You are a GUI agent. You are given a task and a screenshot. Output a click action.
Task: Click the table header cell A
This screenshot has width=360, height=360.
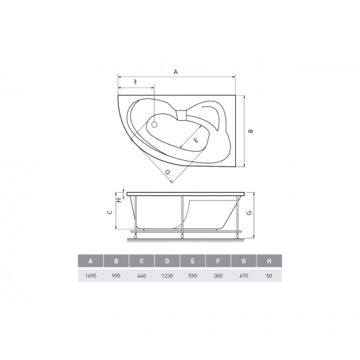coord(91,261)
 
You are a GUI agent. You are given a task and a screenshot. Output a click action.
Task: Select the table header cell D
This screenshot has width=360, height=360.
coord(167,261)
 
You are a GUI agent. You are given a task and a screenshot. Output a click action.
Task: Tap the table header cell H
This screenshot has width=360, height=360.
coord(269,261)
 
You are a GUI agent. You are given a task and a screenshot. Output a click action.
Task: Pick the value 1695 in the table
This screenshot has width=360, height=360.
coord(91,275)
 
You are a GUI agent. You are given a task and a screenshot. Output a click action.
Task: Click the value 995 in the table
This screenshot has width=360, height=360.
coord(116,275)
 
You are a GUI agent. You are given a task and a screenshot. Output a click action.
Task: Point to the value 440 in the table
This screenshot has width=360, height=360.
coord(142,275)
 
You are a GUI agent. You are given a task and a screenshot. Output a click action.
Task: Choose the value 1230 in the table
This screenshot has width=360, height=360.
coord(167,275)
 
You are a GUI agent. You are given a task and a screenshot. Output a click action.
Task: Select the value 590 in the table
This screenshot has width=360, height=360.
coord(193,275)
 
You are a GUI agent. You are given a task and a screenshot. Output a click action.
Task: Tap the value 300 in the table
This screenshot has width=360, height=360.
coord(218,275)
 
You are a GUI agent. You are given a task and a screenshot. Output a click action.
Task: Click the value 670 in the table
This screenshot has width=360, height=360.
coord(244,275)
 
